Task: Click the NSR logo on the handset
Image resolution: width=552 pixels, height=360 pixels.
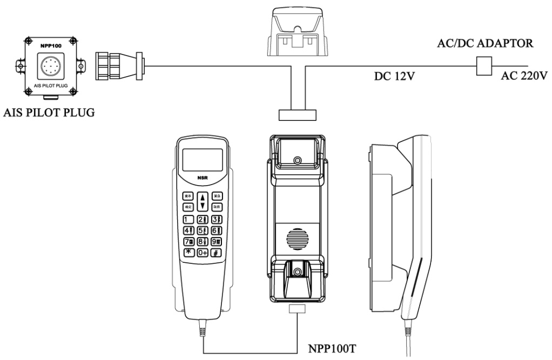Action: (x=203, y=176)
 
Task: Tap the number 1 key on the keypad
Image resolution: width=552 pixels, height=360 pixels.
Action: (x=189, y=219)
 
